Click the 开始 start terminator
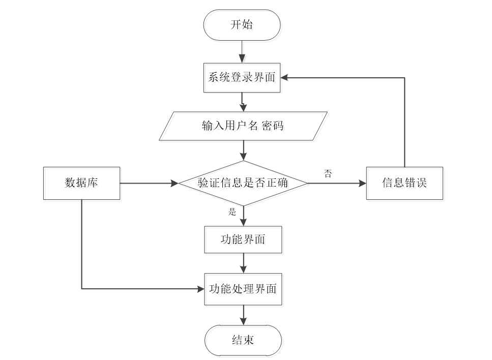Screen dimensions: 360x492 coord(242,25)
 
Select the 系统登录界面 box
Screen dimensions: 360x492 coord(242,78)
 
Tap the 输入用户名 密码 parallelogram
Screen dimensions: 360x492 coord(242,126)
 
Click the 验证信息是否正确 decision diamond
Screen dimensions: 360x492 coord(242,183)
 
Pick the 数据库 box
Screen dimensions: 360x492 coord(81,183)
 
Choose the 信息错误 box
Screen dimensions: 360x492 coord(404,183)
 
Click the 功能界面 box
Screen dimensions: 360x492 coord(243,239)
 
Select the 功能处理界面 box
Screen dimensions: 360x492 coord(243,289)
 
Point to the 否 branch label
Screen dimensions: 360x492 coord(329,173)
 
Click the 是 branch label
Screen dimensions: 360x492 coord(233,213)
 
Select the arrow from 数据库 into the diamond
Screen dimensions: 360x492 coord(148,183)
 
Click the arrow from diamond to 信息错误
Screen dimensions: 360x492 coord(336,183)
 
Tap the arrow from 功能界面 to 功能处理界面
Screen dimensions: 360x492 coord(244,263)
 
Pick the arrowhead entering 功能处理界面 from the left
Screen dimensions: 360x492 coord(200,289)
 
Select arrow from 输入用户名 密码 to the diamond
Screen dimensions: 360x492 coord(244,150)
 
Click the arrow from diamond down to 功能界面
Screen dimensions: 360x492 coord(244,216)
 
